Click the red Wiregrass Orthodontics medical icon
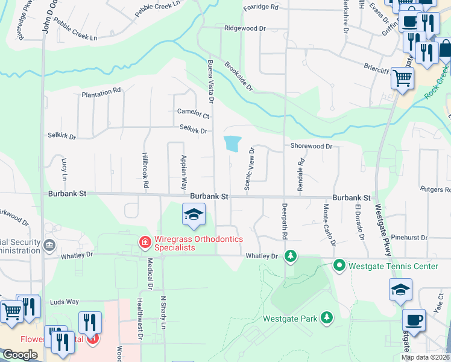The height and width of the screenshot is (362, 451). click(145, 243)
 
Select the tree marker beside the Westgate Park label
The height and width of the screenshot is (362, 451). click(327, 317)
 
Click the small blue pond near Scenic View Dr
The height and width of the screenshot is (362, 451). click(232, 144)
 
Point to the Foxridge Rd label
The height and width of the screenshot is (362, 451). click(260, 7)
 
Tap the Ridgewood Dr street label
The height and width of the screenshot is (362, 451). click(245, 28)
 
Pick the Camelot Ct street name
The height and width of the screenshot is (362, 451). click(193, 112)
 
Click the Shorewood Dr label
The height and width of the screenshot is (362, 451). click(311, 146)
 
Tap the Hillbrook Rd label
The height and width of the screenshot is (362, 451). click(145, 171)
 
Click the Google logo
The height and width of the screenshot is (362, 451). click(19, 355)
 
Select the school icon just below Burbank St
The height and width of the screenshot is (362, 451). click(194, 215)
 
